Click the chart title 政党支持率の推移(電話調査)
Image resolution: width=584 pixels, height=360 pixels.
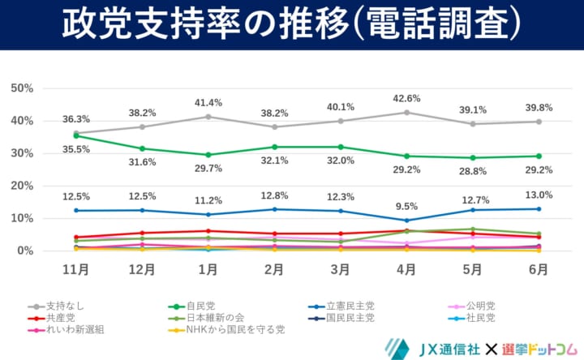tap(291, 24)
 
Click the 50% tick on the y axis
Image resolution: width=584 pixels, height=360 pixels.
tap(22, 88)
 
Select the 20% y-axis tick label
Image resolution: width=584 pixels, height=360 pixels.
tap(22, 186)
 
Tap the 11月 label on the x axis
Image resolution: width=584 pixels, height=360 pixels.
tap(76, 268)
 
